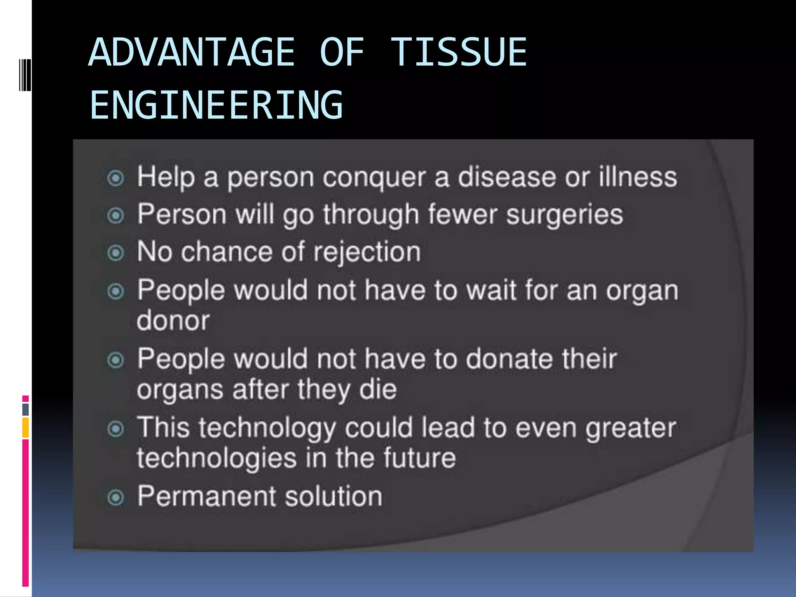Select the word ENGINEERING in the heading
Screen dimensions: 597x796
(216, 105)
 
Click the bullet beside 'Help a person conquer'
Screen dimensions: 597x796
(115, 178)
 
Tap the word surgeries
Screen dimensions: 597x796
(565, 215)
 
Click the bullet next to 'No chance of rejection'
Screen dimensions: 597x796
(115, 253)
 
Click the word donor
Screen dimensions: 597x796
(173, 321)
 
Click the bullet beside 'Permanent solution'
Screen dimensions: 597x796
(115, 497)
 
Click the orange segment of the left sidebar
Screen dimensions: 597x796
(25, 428)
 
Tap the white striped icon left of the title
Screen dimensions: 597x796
(25, 75)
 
